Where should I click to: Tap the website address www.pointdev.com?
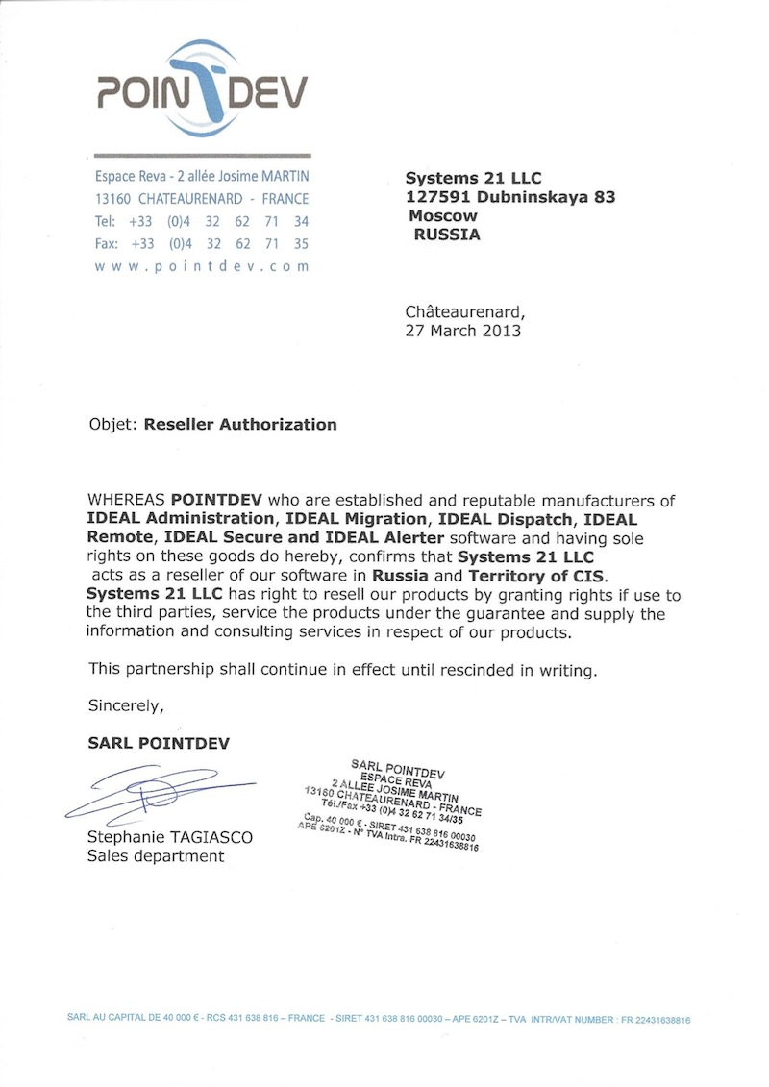click(202, 266)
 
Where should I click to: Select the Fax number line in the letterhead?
click(202, 244)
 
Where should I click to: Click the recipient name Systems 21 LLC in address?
click(473, 178)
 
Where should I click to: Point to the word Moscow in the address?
click(443, 215)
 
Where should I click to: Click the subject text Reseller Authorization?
click(240, 424)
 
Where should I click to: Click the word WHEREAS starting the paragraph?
click(127, 501)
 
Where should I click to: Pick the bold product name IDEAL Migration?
click(352, 519)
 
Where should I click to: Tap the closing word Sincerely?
click(126, 704)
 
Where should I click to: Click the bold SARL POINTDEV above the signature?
click(159, 743)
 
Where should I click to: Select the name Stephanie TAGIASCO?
click(170, 838)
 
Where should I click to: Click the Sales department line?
click(155, 856)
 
